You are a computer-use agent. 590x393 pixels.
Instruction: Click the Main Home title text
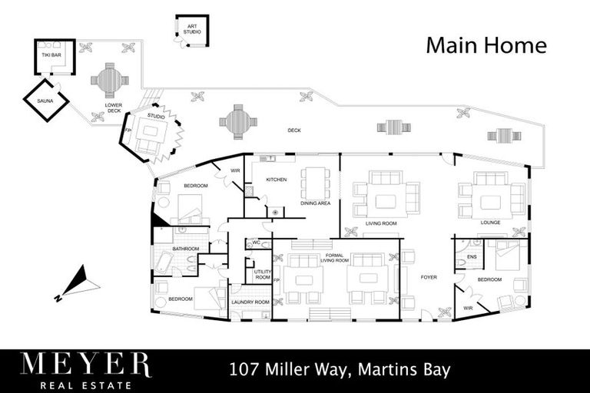(486, 45)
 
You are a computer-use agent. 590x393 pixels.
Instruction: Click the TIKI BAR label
(51, 56)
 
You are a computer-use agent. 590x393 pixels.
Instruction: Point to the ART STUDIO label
(191, 29)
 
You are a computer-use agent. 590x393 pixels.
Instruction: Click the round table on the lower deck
(109, 79)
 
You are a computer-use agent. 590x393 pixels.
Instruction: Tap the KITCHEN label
(276, 180)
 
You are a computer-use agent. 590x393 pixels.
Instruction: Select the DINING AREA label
(315, 203)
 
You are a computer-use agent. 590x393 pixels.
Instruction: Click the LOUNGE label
(491, 223)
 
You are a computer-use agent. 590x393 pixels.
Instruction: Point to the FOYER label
(428, 276)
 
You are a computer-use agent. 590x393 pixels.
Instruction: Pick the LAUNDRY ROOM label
(250, 302)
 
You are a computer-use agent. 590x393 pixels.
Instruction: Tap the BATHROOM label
(185, 249)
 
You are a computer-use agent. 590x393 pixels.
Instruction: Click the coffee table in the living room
(385, 200)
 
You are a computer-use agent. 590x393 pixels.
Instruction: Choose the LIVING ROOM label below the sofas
(381, 223)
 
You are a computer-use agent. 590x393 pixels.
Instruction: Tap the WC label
(257, 243)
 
